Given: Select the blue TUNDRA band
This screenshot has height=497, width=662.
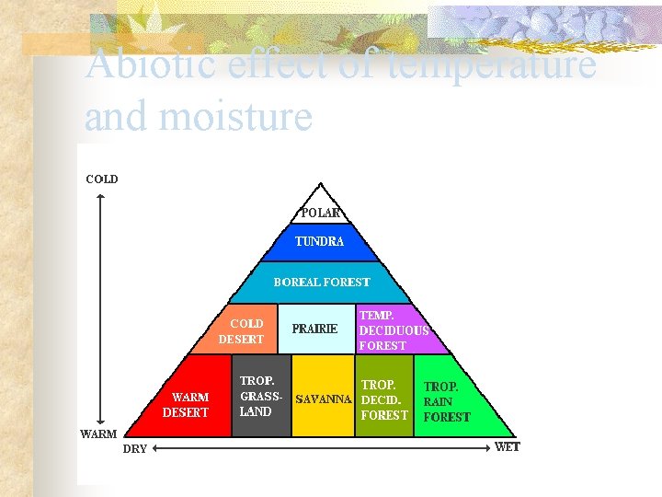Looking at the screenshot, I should [x=319, y=242].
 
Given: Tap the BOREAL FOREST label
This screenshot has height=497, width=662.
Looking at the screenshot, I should [x=322, y=283].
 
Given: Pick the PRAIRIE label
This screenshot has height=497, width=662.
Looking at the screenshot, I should [x=314, y=329].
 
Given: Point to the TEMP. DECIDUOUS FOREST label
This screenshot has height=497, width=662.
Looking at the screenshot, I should [x=394, y=330].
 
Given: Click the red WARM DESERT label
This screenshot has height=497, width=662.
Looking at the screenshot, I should [x=186, y=405].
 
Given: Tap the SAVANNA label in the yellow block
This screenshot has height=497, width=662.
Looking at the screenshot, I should [x=323, y=399].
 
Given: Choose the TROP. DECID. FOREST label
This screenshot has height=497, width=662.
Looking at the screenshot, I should [x=383, y=400].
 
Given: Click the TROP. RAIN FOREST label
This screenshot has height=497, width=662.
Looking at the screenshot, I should [x=446, y=402].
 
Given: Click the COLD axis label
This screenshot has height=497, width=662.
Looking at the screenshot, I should [x=102, y=179].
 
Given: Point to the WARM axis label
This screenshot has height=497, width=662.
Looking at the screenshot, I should [x=98, y=433].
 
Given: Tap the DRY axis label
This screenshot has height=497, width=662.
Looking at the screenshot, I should [x=134, y=449].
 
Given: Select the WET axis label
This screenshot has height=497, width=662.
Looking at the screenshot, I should [x=508, y=447].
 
